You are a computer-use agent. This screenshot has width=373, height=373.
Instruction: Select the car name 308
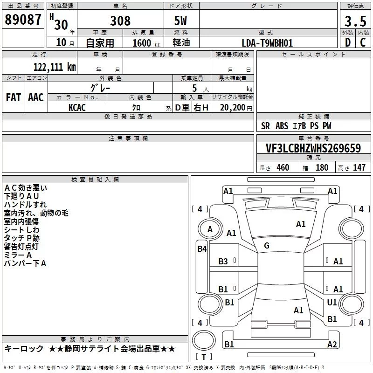pyautogui.click(x=120, y=21)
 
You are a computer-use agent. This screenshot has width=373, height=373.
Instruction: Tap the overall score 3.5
pyautogui.click(x=355, y=21)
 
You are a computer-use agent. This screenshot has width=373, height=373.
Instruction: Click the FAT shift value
pyautogui.click(x=13, y=97)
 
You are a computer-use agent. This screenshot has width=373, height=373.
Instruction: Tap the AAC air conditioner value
pyautogui.click(x=35, y=97)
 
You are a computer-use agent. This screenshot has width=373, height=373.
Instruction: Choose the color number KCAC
pyautogui.click(x=77, y=107)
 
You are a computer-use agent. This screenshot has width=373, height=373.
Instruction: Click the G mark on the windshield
pyautogui.click(x=267, y=245)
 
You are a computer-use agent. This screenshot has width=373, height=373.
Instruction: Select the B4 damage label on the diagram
pyautogui.click(x=202, y=249)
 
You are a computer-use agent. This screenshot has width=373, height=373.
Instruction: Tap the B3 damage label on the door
pyautogui.click(x=223, y=262)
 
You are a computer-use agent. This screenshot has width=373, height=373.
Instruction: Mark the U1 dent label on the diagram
pyautogui.click(x=332, y=303)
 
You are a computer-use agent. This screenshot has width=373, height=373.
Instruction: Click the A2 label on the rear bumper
pyautogui.click(x=332, y=345)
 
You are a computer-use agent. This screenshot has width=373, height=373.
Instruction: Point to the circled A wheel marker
pyautogui.click(x=210, y=229)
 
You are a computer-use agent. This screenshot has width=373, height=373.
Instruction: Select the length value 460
pyautogui.click(x=283, y=168)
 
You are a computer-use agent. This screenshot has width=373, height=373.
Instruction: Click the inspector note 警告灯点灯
pyautogui.click(x=21, y=246)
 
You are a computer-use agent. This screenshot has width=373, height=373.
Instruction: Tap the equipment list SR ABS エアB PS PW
pyautogui.click(x=296, y=126)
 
